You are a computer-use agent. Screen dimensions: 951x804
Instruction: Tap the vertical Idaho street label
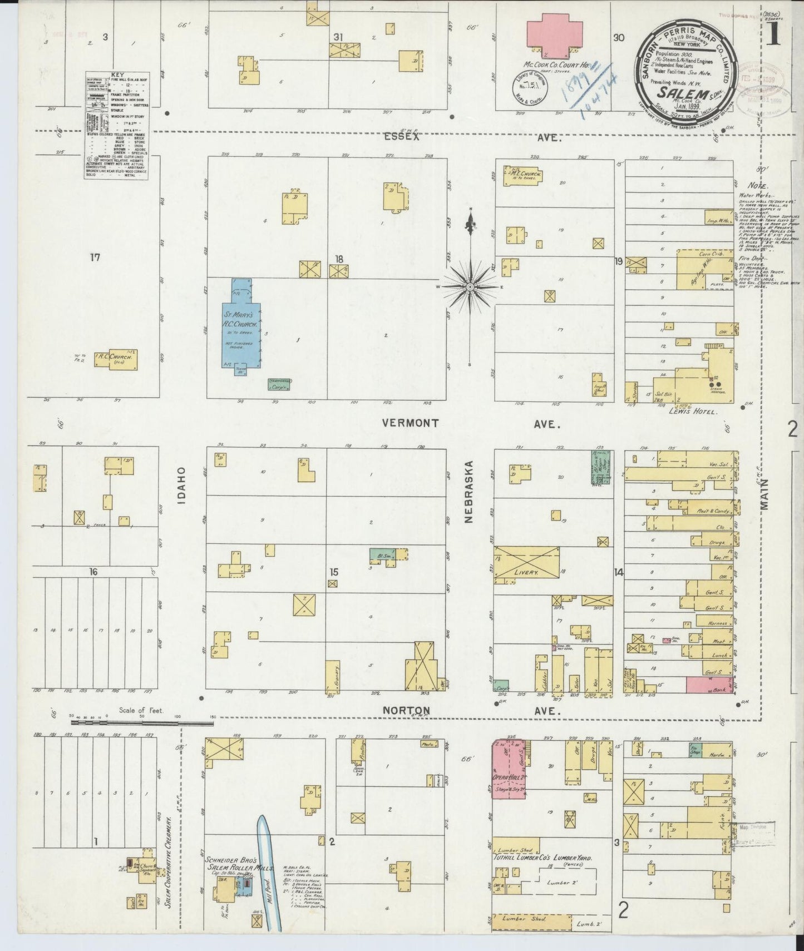(x=181, y=485)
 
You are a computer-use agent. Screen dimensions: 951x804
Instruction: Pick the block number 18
(x=339, y=258)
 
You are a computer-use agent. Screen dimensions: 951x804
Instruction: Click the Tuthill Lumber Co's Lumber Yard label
(x=542, y=874)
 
